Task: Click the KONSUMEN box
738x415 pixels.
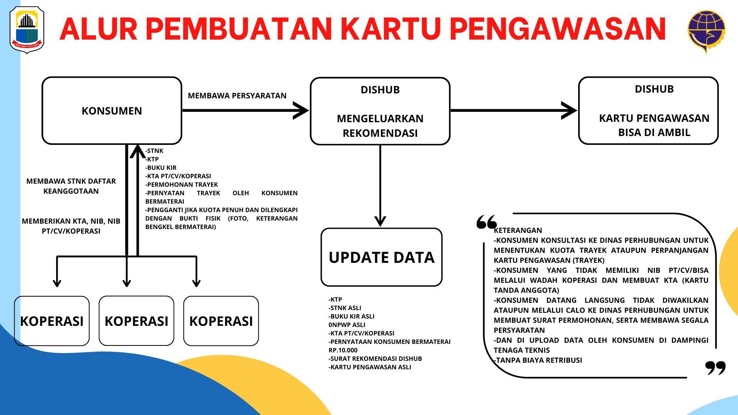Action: (111, 111)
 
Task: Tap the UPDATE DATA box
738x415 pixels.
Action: (381, 257)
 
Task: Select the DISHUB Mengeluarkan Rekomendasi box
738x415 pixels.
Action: (380, 111)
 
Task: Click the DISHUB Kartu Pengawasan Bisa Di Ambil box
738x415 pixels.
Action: (648, 111)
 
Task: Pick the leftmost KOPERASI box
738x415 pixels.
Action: (52, 321)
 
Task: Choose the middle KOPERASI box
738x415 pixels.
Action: (136, 321)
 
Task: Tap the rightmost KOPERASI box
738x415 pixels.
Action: (221, 321)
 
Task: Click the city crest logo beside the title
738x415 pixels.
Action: (27, 30)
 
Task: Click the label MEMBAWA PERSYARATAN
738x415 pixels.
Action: (237, 96)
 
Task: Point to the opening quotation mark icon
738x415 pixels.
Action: (487, 222)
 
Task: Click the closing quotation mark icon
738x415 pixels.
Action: (715, 368)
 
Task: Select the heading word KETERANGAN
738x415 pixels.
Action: (518, 230)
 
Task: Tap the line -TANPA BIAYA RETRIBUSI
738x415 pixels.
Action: (538, 360)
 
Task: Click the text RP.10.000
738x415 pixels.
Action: (343, 350)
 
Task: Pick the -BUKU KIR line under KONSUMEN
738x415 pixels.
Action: (161, 168)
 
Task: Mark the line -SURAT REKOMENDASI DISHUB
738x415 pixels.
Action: (375, 359)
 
